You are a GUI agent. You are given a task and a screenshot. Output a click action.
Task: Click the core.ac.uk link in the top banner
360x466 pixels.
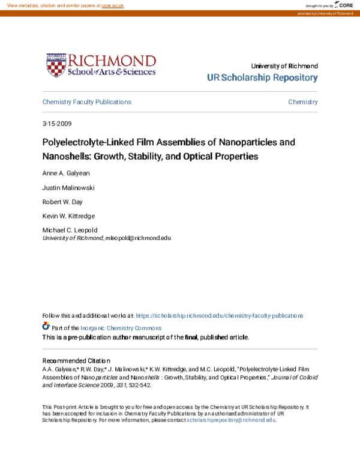pyautogui.click(x=113, y=5)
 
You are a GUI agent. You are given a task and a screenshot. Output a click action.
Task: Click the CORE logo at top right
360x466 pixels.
pyautogui.click(x=343, y=5)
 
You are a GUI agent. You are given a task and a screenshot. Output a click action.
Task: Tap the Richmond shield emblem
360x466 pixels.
pyautogui.click(x=56, y=65)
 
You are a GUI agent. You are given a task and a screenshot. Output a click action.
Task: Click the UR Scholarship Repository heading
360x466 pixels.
pyautogui.click(x=262, y=78)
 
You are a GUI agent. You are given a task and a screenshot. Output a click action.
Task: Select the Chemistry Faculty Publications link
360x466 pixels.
pyautogui.click(x=86, y=102)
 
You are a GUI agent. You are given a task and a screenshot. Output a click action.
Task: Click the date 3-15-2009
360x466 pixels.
pyautogui.click(x=57, y=124)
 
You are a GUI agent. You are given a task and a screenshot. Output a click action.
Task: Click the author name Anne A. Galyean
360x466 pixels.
pyautogui.click(x=65, y=173)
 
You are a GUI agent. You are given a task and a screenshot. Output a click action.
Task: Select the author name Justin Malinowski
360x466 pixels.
pyautogui.click(x=68, y=187)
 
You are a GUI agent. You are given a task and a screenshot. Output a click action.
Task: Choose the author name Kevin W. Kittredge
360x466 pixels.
pyautogui.click(x=68, y=216)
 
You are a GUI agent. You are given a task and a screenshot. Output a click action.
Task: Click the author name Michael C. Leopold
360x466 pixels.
pyautogui.click(x=70, y=231)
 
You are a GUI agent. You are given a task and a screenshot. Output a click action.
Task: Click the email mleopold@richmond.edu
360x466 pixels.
pyautogui.click(x=138, y=238)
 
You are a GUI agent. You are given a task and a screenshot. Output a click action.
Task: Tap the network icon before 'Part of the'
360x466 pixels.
pyautogui.click(x=46, y=327)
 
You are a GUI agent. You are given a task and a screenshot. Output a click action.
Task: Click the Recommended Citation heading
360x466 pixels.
pyautogui.click(x=76, y=360)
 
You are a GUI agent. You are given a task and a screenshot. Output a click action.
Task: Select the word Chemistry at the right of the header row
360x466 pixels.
pyautogui.click(x=303, y=102)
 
